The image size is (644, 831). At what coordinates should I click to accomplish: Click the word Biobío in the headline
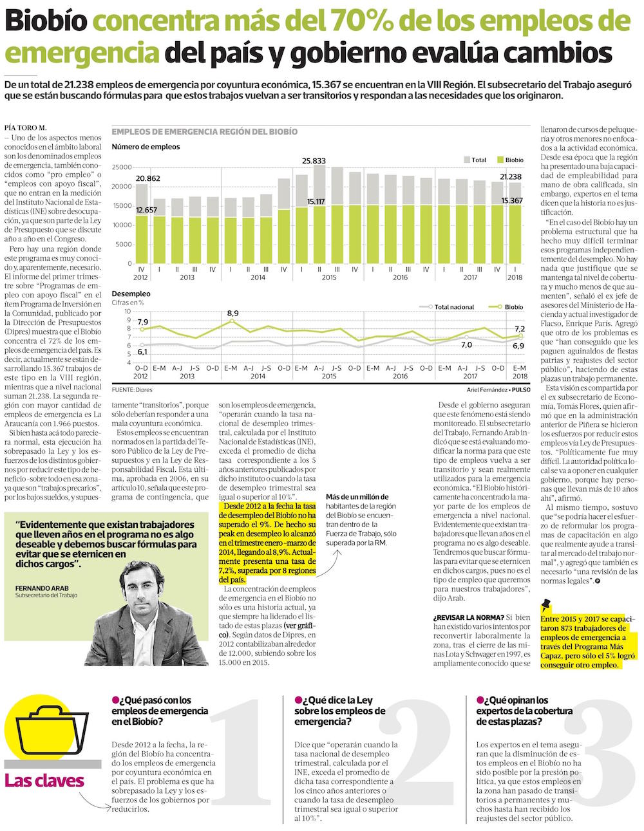pos(46,23)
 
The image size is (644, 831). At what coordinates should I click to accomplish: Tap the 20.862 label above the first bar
pos(148,178)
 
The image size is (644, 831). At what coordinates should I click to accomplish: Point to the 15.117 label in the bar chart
pos(316,201)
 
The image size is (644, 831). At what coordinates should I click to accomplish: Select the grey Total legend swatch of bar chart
pos(467,160)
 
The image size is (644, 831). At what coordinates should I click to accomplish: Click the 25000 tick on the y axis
pos(122,167)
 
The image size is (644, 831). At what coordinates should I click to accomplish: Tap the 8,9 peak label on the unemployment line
pos(232,313)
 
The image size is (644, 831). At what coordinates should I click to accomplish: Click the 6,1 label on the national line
pos(142,351)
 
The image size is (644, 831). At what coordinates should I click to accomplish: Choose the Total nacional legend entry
pos(453,307)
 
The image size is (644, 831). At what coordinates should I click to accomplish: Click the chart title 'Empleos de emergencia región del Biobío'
pos(204,132)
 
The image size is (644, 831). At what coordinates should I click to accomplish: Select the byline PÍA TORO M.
pos(25,127)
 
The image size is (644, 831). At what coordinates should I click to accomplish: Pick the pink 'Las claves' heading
pos(44,781)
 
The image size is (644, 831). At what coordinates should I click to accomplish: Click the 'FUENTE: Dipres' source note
pos(133,389)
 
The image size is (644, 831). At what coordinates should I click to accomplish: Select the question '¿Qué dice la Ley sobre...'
pos(339,711)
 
